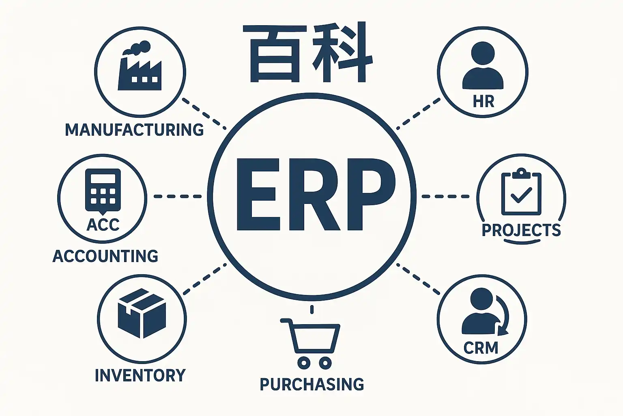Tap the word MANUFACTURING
coord(134,130)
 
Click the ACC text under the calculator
coord(103,225)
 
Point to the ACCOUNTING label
coord(105,256)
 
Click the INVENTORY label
coord(140,375)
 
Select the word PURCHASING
coord(311,384)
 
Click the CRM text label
coord(481,348)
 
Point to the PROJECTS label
coord(521,230)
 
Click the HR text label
coord(483,101)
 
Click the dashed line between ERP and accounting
coord(178,196)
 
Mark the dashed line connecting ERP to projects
coord(445,196)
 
